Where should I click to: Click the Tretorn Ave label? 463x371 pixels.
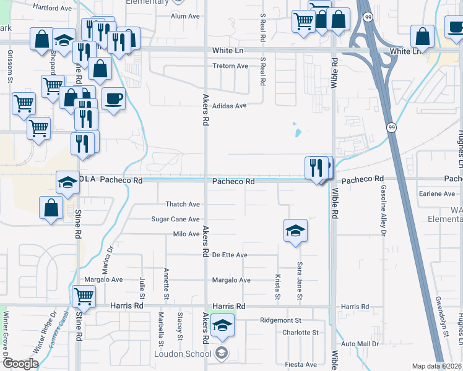pyautogui.click(x=230, y=66)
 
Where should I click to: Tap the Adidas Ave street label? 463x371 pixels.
pyautogui.click(x=229, y=106)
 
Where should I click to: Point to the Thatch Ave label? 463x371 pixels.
pyautogui.click(x=183, y=204)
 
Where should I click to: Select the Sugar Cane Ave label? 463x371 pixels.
pyautogui.click(x=176, y=219)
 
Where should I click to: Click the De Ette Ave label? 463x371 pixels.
pyautogui.click(x=230, y=255)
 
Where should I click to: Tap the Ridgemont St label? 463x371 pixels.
pyautogui.click(x=280, y=321)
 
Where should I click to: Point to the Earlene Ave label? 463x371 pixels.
pyautogui.click(x=436, y=194)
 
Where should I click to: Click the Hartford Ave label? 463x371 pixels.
pyautogui.click(x=53, y=8)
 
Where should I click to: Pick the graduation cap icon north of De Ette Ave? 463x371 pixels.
pyautogui.click(x=296, y=231)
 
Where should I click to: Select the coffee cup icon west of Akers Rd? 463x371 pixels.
pyautogui.click(x=113, y=98)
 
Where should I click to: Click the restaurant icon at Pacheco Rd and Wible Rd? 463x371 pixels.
pyautogui.click(x=316, y=167)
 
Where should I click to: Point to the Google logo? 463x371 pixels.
pyautogui.click(x=20, y=364)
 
